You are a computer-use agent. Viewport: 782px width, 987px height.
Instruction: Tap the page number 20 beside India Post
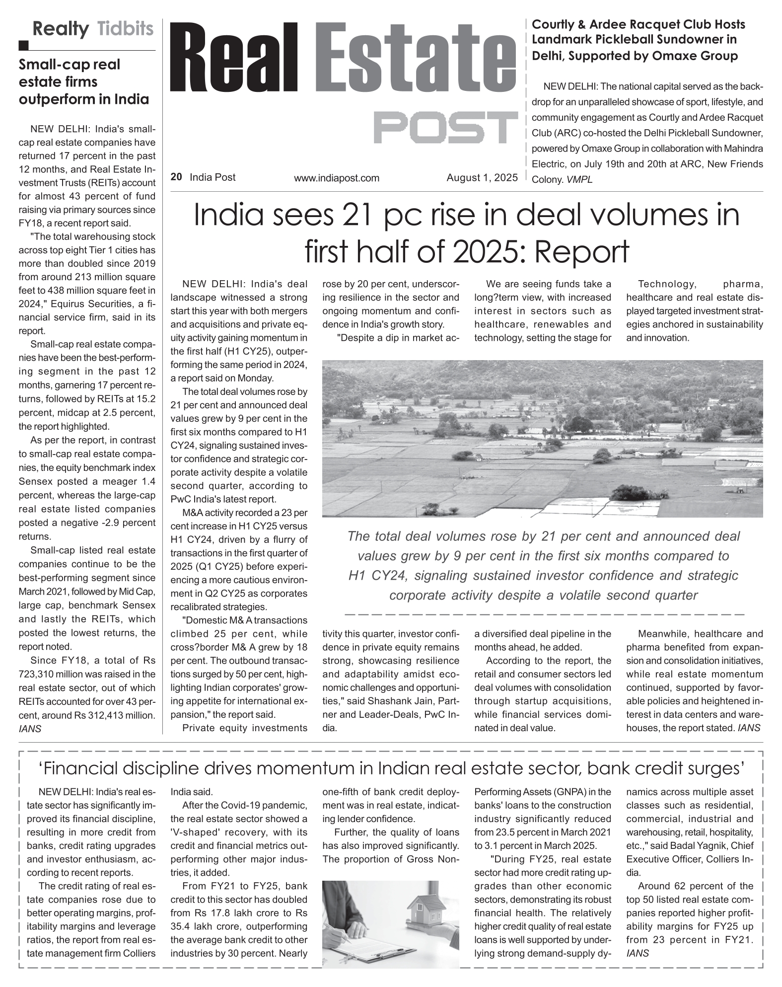[176, 177]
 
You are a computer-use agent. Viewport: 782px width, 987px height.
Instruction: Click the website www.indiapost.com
[336, 178]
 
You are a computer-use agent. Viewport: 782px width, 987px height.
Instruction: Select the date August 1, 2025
[482, 177]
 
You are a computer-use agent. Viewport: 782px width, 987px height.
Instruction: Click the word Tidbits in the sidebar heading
[125, 29]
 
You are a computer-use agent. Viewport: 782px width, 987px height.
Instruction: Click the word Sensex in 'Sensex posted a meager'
[35, 481]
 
